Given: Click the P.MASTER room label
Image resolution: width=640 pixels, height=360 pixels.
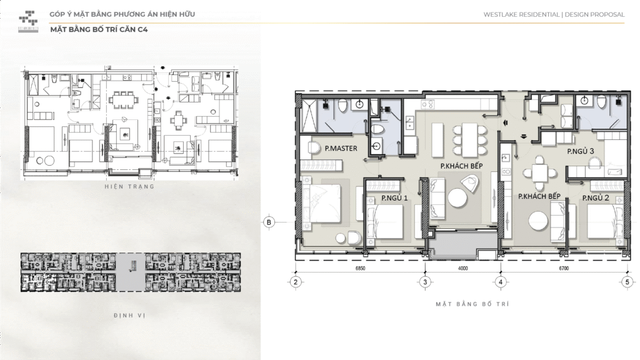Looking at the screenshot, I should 341,149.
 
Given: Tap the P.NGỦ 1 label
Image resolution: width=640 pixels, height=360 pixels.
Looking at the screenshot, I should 394,198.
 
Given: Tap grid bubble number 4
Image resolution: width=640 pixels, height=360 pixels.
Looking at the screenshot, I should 501,282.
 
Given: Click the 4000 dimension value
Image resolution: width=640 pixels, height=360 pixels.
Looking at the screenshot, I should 463,269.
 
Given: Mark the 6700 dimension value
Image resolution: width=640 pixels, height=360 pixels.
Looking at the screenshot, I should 564,269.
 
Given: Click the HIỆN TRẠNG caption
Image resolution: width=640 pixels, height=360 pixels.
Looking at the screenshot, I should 130,187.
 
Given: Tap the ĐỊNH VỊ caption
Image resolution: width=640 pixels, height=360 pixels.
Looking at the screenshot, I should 130,316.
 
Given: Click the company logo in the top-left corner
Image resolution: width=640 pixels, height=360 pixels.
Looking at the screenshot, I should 29,21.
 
